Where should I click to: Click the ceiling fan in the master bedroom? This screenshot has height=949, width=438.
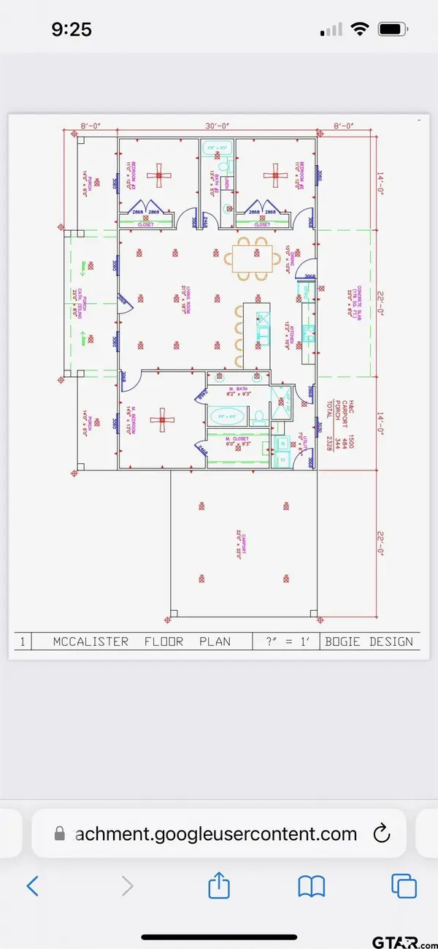point(159,420)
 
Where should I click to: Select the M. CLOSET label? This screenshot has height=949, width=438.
point(235,439)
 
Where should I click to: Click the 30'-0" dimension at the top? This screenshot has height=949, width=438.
point(217,126)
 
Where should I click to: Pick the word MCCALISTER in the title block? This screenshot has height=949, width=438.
point(91,641)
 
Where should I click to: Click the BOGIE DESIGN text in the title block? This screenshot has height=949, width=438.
point(369,641)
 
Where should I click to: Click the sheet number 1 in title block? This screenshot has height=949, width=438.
point(23,641)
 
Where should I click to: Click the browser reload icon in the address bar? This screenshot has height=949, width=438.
point(380,834)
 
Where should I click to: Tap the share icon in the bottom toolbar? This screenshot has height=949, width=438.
point(219,886)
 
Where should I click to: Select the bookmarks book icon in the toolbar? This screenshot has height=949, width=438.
point(311,886)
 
